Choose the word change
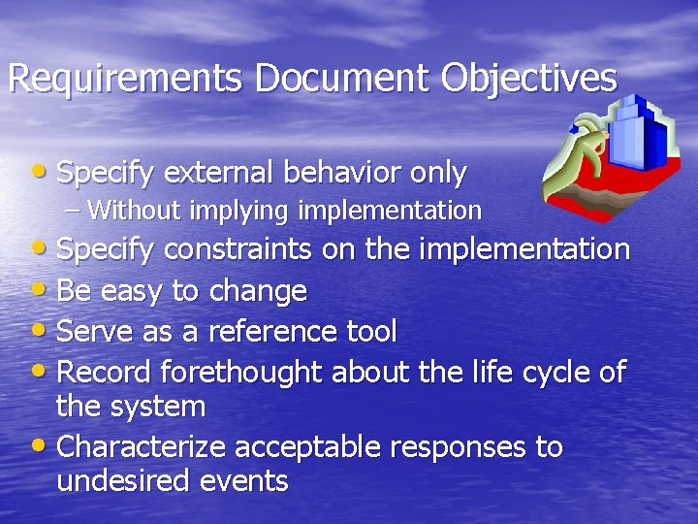tap(264, 291)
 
